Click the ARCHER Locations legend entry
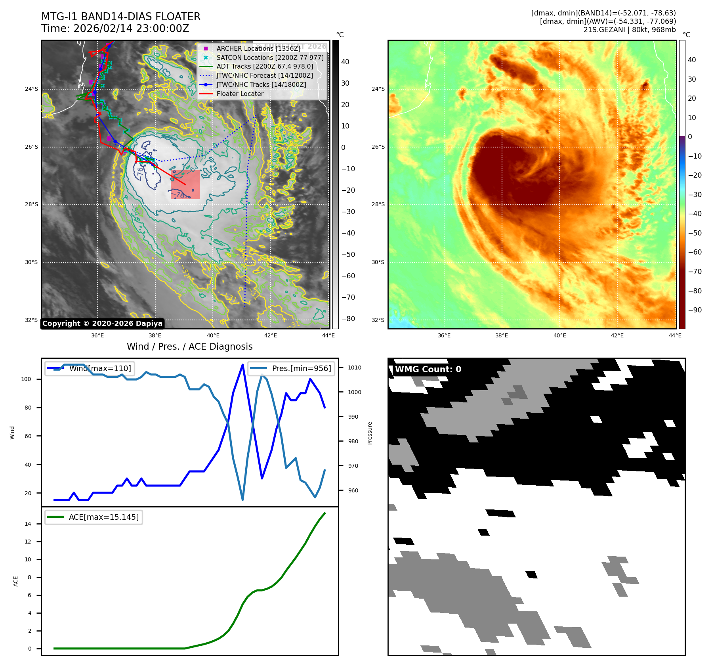(x=258, y=48)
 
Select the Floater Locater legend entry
(x=240, y=94)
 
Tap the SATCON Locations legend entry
(x=270, y=57)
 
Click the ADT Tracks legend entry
(x=265, y=67)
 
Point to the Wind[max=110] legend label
(x=100, y=368)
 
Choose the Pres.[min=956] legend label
(x=301, y=368)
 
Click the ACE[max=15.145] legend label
(x=104, y=517)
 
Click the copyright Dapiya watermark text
(x=102, y=324)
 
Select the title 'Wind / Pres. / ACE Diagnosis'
(x=189, y=346)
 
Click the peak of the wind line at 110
(x=242, y=365)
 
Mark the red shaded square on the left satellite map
(x=185, y=184)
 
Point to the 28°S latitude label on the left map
(x=32, y=205)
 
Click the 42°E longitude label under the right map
(x=617, y=335)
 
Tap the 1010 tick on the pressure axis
(x=355, y=368)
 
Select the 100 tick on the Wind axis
(x=26, y=379)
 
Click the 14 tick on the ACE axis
(x=28, y=524)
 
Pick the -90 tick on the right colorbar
(x=695, y=310)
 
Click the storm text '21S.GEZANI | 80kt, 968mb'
(x=630, y=30)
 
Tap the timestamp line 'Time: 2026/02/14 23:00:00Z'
(x=115, y=29)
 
